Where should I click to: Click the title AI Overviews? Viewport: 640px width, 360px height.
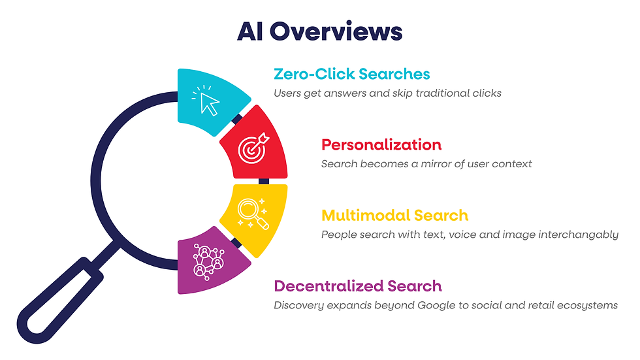319,31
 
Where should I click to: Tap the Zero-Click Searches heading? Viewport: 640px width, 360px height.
352,74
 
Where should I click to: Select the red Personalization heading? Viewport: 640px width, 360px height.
381,144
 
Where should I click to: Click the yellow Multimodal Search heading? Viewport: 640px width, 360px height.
394,216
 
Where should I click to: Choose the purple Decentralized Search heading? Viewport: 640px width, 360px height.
358,286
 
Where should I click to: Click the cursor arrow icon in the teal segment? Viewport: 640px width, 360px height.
208,101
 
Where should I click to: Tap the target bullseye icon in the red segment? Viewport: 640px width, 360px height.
253,149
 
